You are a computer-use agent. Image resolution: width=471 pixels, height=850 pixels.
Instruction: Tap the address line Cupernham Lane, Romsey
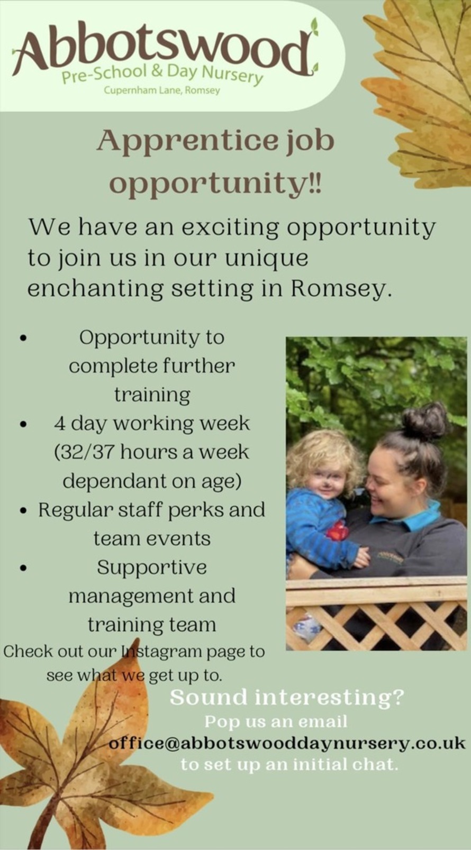[x=162, y=90]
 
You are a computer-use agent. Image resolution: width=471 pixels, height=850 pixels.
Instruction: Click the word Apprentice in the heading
[x=187, y=141]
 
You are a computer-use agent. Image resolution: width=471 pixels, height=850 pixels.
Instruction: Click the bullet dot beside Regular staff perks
[x=23, y=511]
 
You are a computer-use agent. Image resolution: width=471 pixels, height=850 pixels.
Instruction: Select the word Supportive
[x=151, y=568]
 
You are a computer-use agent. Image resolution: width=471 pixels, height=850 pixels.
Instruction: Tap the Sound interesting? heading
[x=286, y=697]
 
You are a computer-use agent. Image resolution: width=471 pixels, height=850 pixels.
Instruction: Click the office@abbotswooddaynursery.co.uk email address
[x=287, y=743]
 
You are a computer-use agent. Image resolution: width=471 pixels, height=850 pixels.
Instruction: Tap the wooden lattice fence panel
[x=376, y=624]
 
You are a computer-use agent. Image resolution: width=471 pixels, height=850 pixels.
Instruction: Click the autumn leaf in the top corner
[x=423, y=90]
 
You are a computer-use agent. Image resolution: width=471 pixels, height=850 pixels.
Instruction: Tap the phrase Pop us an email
[x=276, y=721]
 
